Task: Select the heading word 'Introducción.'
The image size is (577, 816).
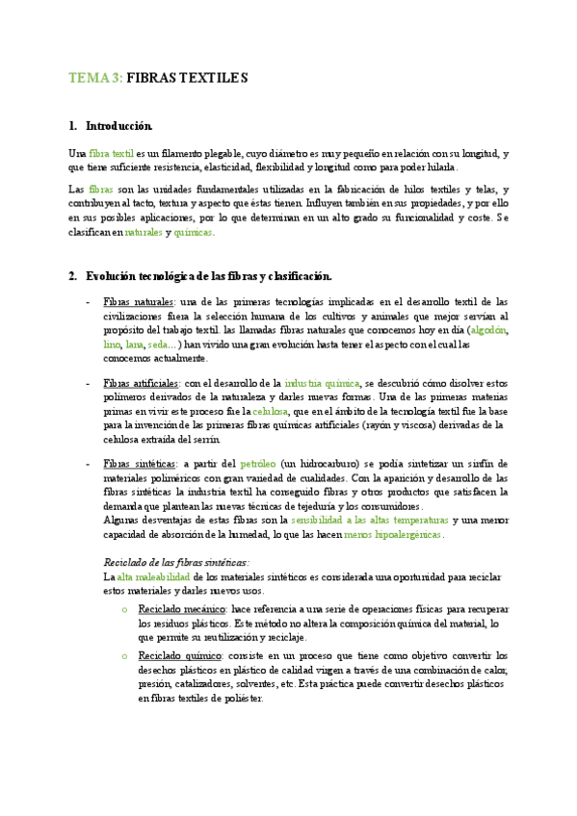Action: click(x=118, y=126)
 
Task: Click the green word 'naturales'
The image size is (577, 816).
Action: click(x=144, y=232)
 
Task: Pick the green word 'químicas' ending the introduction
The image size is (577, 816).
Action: click(x=194, y=232)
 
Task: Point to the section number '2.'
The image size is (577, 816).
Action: click(x=73, y=276)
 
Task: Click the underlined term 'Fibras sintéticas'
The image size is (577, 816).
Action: click(x=136, y=464)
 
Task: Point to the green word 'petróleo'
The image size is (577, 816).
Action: click(x=258, y=464)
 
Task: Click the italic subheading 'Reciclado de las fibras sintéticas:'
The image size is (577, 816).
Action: click(x=175, y=562)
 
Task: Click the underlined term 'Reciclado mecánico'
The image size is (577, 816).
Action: click(x=182, y=610)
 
